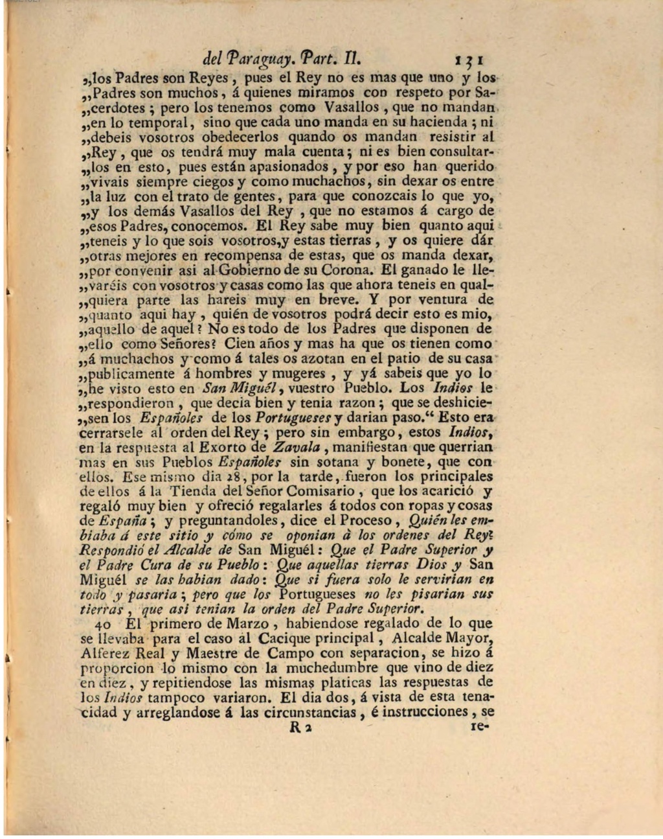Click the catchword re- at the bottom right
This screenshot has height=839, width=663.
coord(480,727)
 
